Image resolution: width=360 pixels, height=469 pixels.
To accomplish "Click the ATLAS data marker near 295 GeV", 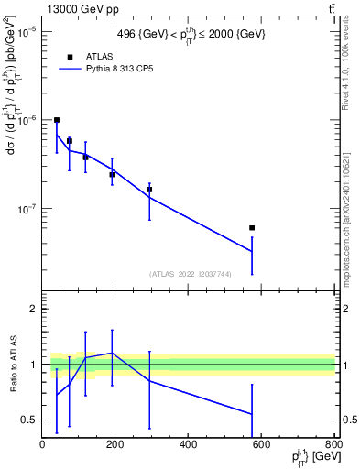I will [x=149, y=190].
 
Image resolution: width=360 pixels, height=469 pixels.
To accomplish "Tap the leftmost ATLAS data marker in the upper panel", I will [x=57, y=120].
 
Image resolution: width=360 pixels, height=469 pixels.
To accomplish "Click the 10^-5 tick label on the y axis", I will [x=26, y=31].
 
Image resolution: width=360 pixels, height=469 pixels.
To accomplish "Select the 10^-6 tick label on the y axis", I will [x=26, y=120].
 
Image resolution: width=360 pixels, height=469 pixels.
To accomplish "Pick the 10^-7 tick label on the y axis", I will [x=26, y=209].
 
